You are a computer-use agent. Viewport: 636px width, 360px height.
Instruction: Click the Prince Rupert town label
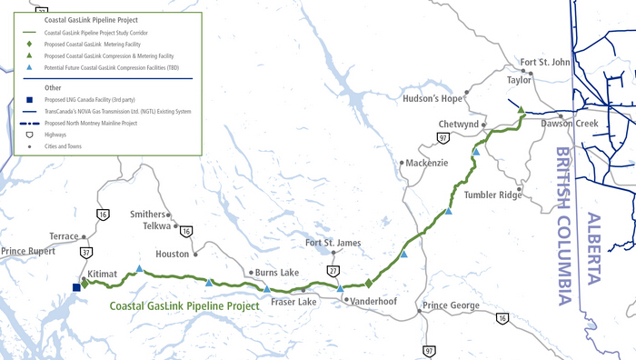28,250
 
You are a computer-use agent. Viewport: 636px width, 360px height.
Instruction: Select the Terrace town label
64,235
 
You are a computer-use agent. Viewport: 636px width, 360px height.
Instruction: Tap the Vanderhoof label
372,299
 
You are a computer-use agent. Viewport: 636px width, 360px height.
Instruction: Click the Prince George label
452,305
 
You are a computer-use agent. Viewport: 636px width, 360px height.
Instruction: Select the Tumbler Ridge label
493,195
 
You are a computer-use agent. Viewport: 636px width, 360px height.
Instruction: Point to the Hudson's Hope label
433,98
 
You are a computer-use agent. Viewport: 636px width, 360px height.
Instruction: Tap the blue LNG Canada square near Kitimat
76,287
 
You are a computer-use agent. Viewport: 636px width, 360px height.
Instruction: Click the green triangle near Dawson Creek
521,111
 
